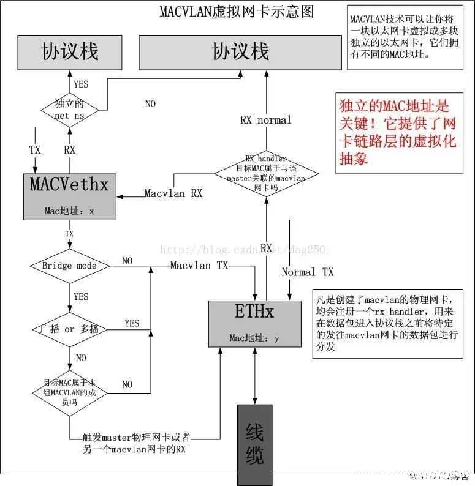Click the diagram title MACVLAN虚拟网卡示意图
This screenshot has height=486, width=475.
[x=237, y=11]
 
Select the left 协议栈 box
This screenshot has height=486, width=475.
[x=69, y=51]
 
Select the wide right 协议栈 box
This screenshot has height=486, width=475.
[x=240, y=51]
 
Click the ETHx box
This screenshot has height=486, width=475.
[x=254, y=323]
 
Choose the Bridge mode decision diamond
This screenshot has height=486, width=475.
[x=69, y=266]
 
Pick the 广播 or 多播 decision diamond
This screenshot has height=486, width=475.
[x=69, y=329]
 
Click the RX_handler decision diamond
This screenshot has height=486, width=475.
[x=266, y=173]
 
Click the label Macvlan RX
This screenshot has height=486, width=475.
[x=173, y=193]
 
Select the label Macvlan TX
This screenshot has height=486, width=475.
[x=199, y=266]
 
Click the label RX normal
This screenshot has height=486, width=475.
[x=265, y=121]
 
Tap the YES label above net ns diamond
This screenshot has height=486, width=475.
[x=81, y=84]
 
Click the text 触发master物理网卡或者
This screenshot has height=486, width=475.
[x=136, y=438]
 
